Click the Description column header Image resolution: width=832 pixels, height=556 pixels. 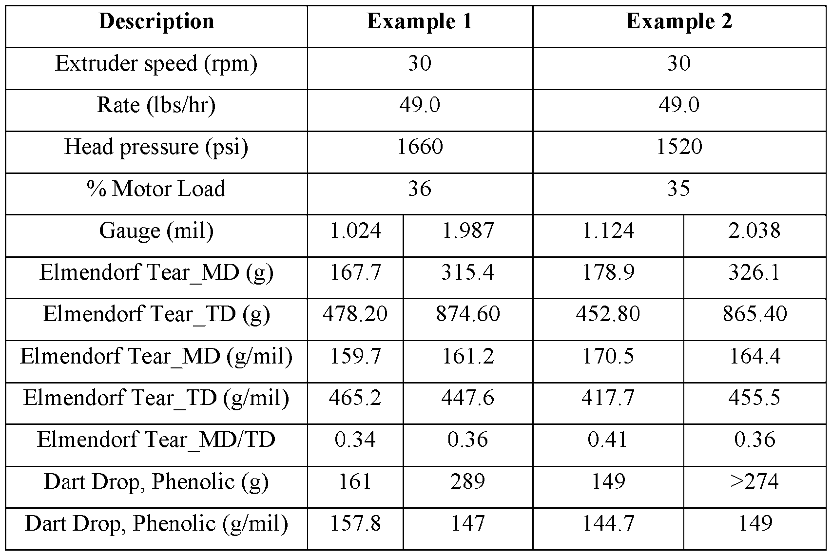156,22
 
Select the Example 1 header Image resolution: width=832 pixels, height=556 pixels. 420,22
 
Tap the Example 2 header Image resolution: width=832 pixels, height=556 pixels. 679,22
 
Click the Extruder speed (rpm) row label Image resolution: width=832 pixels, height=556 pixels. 156,64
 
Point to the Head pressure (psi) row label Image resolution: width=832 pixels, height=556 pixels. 156,147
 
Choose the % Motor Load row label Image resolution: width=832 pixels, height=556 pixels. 156,189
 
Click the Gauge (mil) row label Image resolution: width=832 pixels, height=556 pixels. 156,231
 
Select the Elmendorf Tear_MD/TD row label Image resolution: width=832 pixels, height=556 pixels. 156,440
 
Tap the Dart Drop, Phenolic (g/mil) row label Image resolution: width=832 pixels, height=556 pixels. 156,524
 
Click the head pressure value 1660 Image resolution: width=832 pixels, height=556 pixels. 420,147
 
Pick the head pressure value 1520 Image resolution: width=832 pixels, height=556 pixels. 679,147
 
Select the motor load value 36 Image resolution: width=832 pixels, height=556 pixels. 420,189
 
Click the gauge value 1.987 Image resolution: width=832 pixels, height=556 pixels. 467,231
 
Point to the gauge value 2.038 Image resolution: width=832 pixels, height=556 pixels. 755,231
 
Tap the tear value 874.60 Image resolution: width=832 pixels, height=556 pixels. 467,314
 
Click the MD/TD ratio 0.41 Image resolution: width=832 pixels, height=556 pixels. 608,440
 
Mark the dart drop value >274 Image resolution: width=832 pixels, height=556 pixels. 755,482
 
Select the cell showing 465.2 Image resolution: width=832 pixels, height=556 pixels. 355,398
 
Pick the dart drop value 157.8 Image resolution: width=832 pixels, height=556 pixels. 355,524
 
